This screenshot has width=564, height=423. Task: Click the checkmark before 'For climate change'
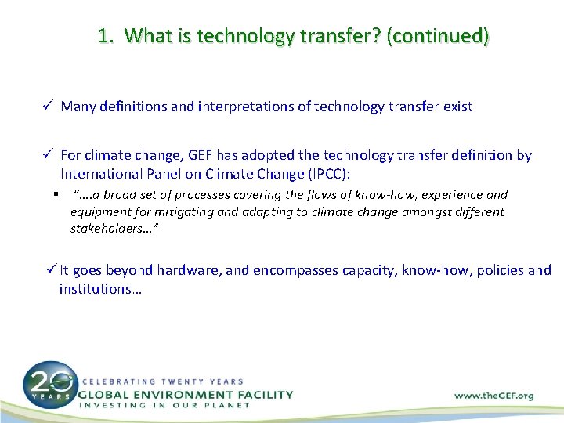49,155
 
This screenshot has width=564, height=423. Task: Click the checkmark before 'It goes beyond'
51,270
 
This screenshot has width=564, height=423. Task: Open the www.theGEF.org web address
493,396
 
